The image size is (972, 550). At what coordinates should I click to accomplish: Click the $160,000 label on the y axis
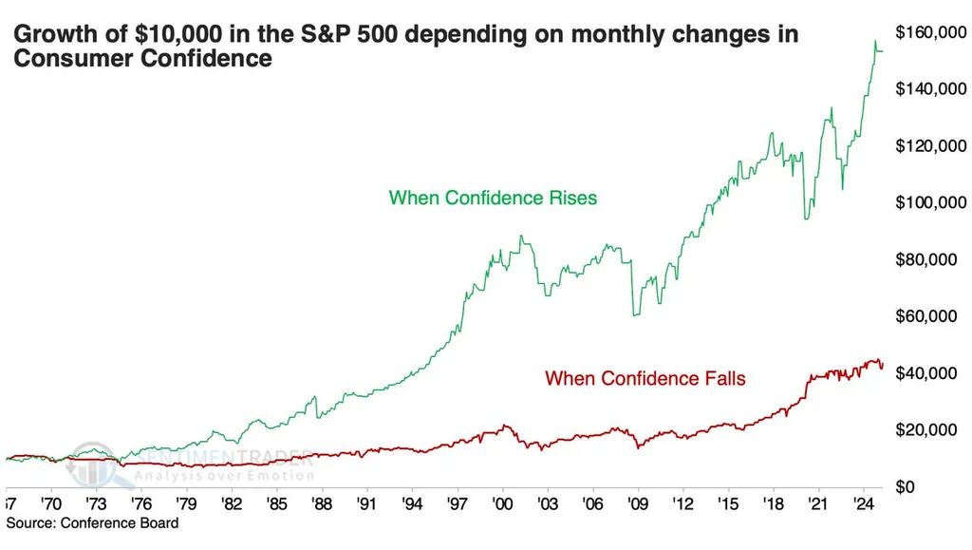tap(932, 33)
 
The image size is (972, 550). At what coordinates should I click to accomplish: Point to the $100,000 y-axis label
tap(932, 203)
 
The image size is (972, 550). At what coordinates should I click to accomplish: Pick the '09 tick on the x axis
tap(637, 503)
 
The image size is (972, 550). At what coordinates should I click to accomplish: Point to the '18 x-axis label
tap(773, 503)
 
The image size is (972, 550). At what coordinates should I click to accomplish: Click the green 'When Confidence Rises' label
tap(493, 199)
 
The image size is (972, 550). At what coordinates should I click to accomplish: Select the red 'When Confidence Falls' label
tap(645, 379)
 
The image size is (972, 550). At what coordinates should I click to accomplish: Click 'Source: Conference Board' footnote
tap(92, 523)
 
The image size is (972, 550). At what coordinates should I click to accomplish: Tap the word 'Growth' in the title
tap(47, 36)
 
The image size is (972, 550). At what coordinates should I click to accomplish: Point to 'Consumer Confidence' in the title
tap(142, 59)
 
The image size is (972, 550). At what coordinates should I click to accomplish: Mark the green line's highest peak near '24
tap(874, 42)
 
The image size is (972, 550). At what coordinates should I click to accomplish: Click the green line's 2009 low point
tap(634, 314)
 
